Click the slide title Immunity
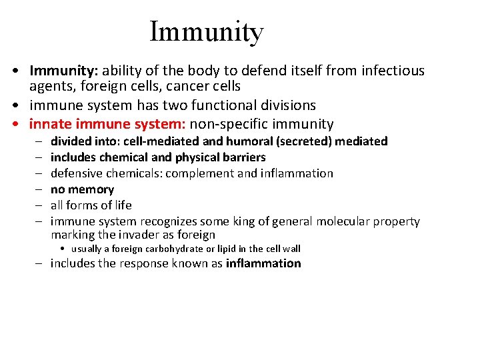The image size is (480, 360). click(207, 31)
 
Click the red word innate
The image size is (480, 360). click(51, 124)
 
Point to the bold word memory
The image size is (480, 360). click(91, 189)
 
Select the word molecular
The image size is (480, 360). click(343, 221)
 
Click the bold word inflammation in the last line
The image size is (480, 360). click(263, 263)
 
